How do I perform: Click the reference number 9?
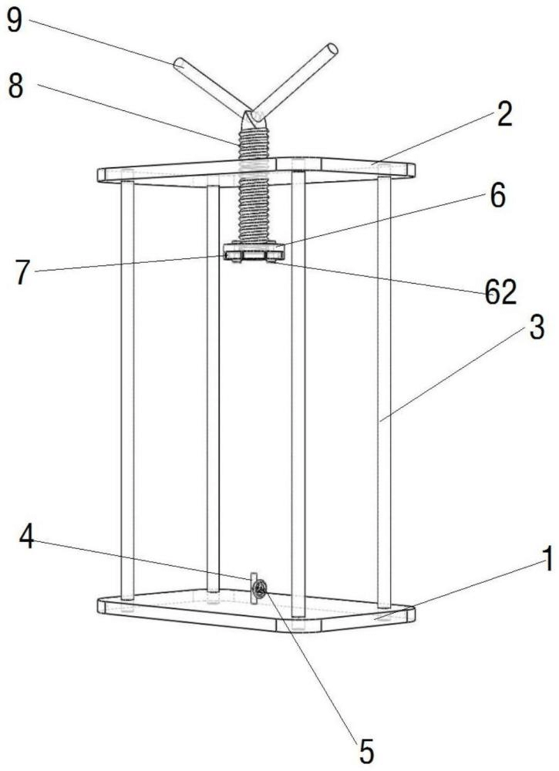[x=14, y=20]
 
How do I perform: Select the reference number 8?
[x=15, y=87]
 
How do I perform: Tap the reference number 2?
[x=504, y=114]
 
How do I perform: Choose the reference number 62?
[x=501, y=293]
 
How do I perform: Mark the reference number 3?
[x=537, y=328]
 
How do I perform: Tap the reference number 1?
[x=547, y=558]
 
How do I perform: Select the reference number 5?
[x=366, y=751]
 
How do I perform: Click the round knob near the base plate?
[x=260, y=588]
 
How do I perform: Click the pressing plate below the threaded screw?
[x=254, y=251]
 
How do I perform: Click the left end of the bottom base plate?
[x=99, y=606]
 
